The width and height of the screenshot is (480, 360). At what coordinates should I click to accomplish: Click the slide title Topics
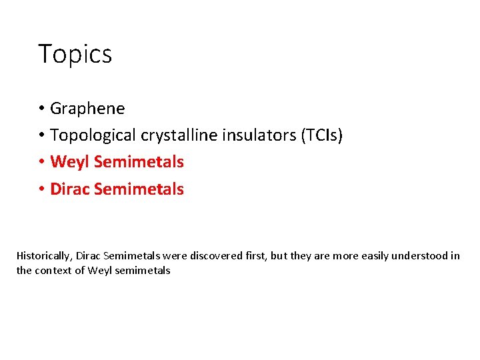75,54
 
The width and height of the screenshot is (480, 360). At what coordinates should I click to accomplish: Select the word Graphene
87,108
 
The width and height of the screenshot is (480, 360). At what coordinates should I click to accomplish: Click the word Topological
93,135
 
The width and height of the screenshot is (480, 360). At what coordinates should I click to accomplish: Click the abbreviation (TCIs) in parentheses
323,135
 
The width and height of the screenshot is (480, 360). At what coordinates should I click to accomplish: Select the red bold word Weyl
70,162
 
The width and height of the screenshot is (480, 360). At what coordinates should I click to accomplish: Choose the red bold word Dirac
70,189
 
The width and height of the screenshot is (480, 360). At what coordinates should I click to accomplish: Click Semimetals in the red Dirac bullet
139,189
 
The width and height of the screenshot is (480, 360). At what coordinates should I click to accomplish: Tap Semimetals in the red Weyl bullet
139,162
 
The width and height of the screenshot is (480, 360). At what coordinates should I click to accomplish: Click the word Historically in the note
44,256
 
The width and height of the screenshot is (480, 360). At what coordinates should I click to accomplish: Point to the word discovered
215,256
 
